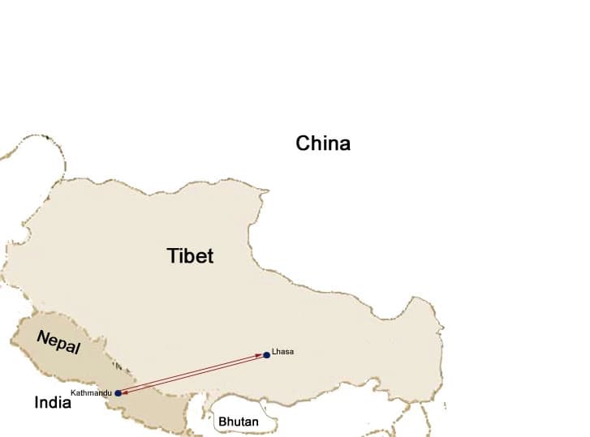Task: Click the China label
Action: click(x=323, y=144)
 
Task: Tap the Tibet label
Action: click(x=191, y=256)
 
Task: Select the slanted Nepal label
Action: click(x=58, y=343)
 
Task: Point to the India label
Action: click(x=53, y=402)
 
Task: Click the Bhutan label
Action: click(x=238, y=422)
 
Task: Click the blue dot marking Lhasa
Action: click(x=266, y=355)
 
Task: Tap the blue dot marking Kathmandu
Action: click(x=118, y=393)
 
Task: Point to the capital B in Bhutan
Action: click(x=222, y=422)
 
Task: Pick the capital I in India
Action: click(x=37, y=402)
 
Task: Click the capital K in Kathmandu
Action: click(x=74, y=392)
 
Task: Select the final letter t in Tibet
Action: click(x=210, y=256)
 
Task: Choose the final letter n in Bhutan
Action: click(x=255, y=422)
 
